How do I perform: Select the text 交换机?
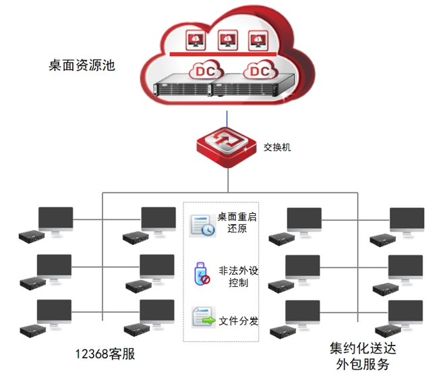[278, 146]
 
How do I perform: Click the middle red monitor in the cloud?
[228, 40]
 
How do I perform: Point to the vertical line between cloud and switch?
[228, 113]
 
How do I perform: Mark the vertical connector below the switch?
[228, 180]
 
